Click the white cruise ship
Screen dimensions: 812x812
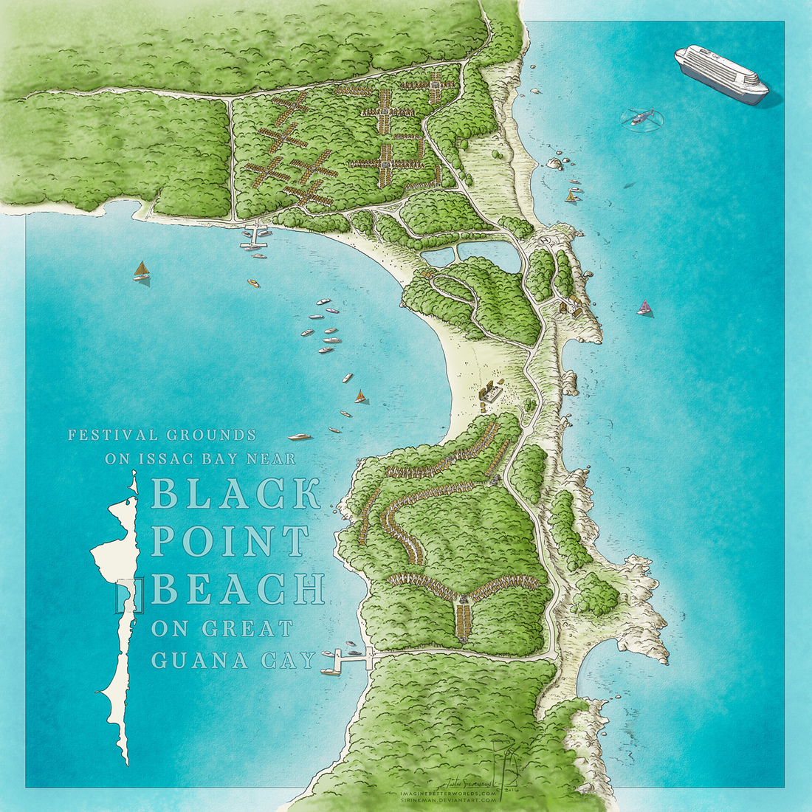pyautogui.click(x=720, y=75)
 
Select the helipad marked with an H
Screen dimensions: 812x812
pyautogui.click(x=546, y=239)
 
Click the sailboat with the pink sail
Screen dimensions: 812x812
pyautogui.click(x=645, y=308)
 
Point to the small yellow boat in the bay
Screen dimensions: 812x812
pyautogui.click(x=253, y=283)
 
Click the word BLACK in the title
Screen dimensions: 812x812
pyautogui.click(x=235, y=494)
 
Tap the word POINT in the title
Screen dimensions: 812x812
pyautogui.click(x=230, y=541)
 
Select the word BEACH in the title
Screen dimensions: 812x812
pyautogui.click(x=238, y=588)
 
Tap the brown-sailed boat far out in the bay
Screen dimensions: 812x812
pyautogui.click(x=140, y=271)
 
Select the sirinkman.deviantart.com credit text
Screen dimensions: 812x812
pyautogui.click(x=458, y=799)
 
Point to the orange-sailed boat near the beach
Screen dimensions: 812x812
pyautogui.click(x=360, y=397)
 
